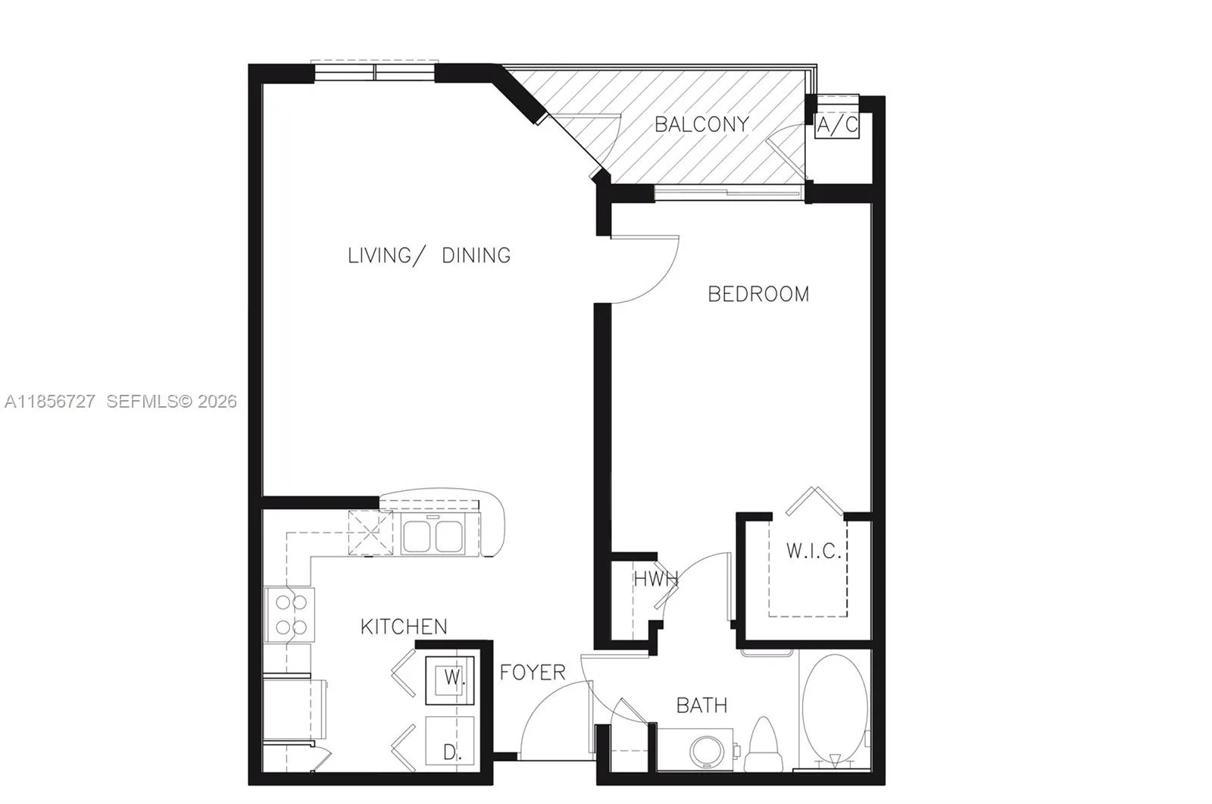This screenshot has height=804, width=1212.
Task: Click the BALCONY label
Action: click(x=701, y=124)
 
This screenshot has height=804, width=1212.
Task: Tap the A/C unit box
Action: click(x=837, y=125)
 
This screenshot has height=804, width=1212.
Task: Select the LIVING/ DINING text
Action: click(x=429, y=255)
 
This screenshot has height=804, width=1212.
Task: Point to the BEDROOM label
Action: click(x=758, y=294)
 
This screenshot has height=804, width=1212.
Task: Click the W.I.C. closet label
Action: click(x=814, y=551)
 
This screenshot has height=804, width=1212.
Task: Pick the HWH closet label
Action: click(x=655, y=580)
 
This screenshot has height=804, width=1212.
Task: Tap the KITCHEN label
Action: click(x=404, y=627)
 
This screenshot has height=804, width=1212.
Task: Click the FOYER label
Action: click(x=533, y=672)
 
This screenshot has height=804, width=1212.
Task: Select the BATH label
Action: click(x=701, y=705)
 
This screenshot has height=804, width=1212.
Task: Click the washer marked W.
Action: click(x=451, y=677)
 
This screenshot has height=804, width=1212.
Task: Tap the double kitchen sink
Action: click(x=434, y=535)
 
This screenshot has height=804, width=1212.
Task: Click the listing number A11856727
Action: click(x=50, y=402)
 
